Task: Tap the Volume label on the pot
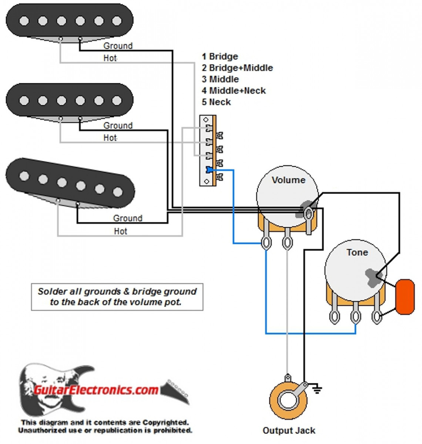click(x=288, y=180)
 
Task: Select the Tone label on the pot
click(x=357, y=252)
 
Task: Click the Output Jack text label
click(x=289, y=430)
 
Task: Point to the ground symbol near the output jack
click(x=317, y=388)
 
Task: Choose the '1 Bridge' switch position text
click(x=220, y=57)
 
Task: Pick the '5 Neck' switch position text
click(x=216, y=102)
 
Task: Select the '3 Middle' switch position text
click(x=220, y=79)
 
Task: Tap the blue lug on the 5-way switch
click(x=210, y=170)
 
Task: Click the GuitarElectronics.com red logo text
click(x=96, y=390)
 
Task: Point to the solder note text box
click(x=117, y=297)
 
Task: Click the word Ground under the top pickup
click(x=118, y=46)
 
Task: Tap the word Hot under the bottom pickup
click(x=121, y=231)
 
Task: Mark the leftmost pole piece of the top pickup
click(x=24, y=21)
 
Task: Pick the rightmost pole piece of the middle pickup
click(x=117, y=100)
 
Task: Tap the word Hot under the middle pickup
click(x=110, y=138)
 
